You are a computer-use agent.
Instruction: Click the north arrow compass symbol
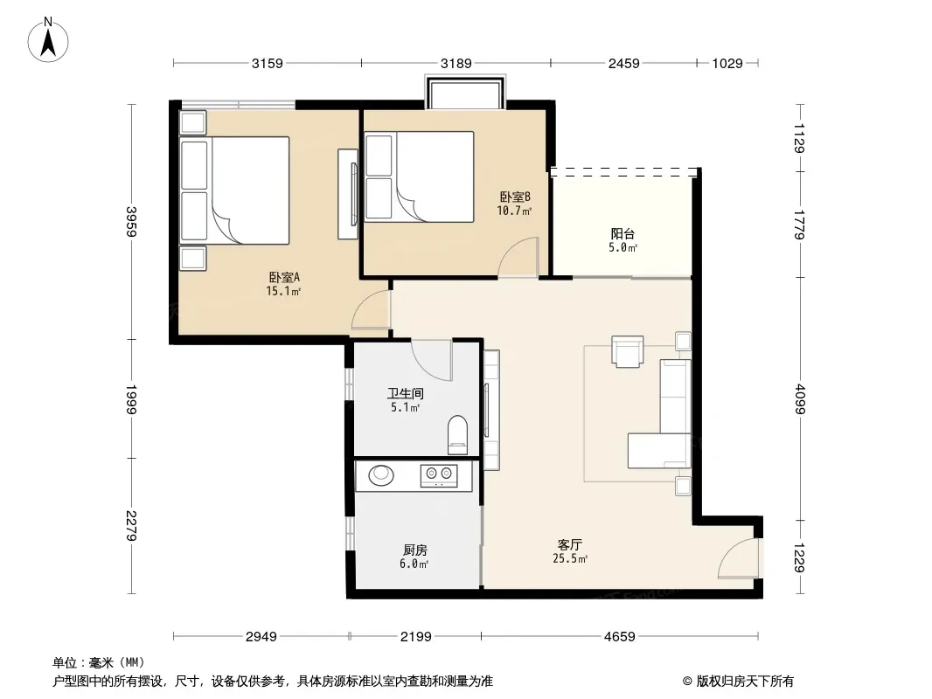coord(48,40)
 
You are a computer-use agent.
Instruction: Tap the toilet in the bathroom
coord(457,432)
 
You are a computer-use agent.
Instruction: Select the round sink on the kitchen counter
coord(381,474)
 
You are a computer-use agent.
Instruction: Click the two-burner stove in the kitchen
coord(439,475)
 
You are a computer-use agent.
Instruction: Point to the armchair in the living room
coord(628,351)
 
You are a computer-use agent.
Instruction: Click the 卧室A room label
coord(284,277)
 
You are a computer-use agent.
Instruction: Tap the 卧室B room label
coord(515,197)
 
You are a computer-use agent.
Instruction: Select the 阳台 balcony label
coord(622,234)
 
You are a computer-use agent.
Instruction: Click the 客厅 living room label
coord(569,544)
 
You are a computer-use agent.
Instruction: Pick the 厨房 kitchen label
coord(415,550)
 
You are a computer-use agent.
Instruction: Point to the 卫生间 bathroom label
coord(406,393)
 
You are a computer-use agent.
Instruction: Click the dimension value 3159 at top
coord(268,63)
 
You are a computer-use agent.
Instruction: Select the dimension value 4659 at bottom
coord(620,637)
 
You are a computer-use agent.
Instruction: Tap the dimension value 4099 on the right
coord(800,399)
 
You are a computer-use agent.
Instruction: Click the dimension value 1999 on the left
coord(131,399)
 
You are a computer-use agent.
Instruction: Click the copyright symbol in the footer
coord(687,682)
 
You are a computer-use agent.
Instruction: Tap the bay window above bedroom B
coord(465,92)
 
